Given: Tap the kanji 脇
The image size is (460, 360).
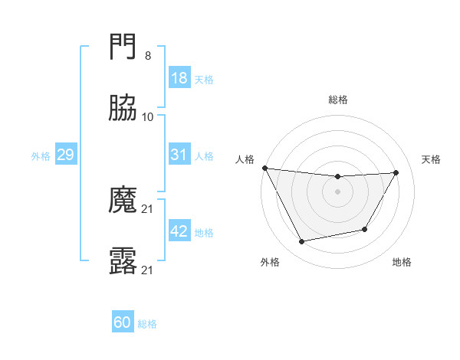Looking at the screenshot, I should point(123,109).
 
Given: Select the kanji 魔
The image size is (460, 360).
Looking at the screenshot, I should point(123,200).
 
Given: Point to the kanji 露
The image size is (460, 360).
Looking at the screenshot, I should point(123,261).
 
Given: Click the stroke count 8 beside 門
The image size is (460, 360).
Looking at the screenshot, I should point(147,56).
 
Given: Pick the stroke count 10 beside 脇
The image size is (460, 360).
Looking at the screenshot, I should point(148,117).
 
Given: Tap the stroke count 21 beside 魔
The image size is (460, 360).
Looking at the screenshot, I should point(148,208).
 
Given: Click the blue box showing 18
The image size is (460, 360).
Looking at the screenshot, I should point(179,78).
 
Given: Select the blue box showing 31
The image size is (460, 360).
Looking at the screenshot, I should point(179,155).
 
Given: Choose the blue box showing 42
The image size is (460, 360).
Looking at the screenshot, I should point(179,231).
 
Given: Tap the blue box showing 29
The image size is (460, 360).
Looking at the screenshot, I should point(65,155).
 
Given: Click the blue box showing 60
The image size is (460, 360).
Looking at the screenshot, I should point(123,322).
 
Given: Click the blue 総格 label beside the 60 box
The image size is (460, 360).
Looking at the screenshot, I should point(147,324).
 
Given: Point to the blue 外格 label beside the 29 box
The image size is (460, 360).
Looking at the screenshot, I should point(41,156).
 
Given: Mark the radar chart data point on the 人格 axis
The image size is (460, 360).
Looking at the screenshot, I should point(264,168).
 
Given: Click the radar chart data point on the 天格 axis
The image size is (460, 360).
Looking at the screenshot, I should point(396,172).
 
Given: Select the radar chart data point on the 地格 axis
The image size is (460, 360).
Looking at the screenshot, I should point(365,229).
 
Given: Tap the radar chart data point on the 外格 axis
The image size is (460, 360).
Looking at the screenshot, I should point(302,242).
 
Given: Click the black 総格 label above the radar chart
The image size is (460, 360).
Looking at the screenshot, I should point(338,100).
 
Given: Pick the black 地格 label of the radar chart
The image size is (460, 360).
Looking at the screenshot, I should point(402,263).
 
